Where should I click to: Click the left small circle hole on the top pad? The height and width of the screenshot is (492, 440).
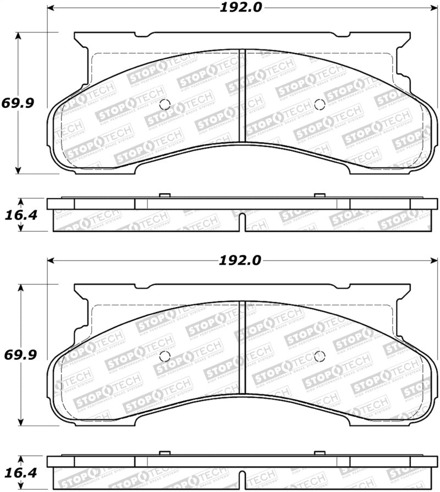(164, 105)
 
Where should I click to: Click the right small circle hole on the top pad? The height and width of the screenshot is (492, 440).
(319, 105)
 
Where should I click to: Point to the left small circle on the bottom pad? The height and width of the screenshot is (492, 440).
(164, 356)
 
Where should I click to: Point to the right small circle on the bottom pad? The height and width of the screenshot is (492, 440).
(319, 356)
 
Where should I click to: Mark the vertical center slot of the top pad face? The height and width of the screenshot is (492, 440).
(241, 96)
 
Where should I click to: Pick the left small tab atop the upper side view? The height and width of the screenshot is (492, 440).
(163, 195)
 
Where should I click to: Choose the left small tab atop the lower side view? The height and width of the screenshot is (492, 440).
(163, 453)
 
